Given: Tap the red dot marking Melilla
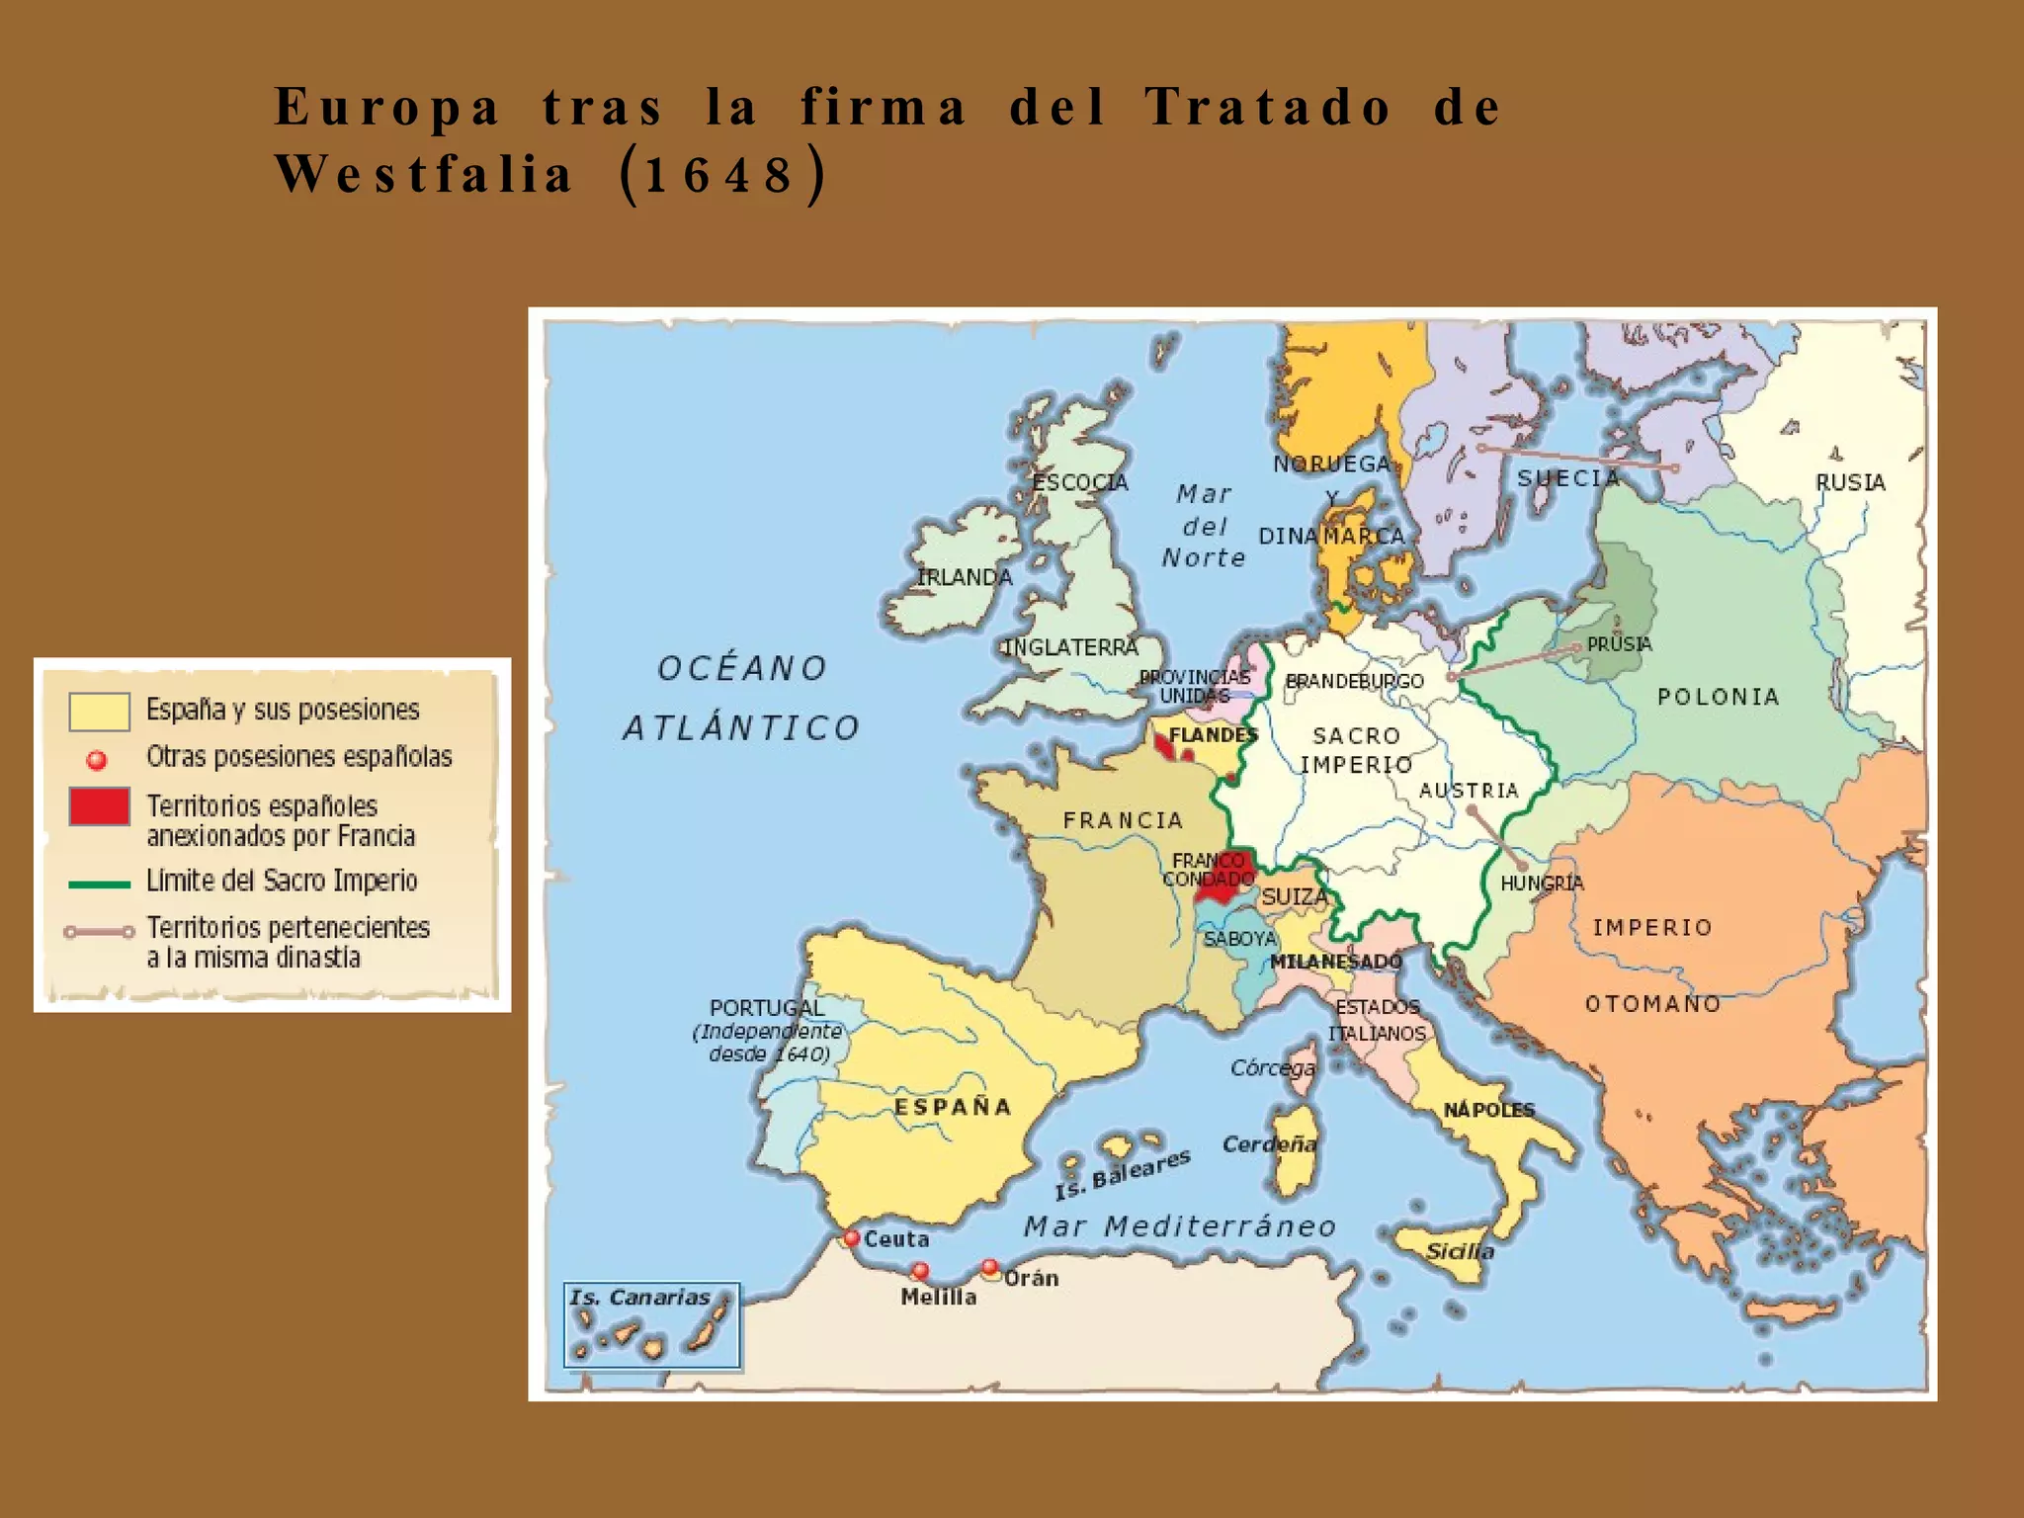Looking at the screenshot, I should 920,1270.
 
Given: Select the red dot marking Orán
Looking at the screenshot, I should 989,1267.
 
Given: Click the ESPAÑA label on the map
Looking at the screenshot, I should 953,1107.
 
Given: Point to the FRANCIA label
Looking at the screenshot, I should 1123,820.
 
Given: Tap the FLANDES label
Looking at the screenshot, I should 1213,735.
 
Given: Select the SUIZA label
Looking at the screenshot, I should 1294,896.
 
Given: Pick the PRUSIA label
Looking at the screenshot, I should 1619,644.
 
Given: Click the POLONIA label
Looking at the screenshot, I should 1719,697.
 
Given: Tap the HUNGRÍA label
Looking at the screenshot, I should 1542,884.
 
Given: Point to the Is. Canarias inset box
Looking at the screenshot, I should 651,1325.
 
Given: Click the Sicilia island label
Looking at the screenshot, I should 1460,1251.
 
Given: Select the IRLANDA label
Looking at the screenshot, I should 965,577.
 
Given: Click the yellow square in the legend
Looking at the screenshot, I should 99,711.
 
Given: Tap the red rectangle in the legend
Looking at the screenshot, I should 99,806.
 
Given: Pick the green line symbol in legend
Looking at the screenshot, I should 99,884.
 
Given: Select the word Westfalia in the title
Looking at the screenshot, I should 423,175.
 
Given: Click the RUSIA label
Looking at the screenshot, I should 1850,482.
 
